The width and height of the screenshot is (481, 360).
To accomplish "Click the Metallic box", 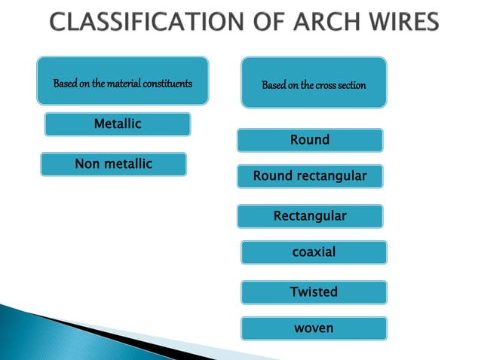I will click(x=117, y=124).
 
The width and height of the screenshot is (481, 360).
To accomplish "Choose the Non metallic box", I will click(x=113, y=164).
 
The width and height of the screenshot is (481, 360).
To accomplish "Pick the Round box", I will click(x=310, y=140).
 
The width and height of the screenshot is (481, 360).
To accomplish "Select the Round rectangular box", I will click(x=310, y=177).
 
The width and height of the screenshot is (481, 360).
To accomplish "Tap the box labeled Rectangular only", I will click(x=310, y=217).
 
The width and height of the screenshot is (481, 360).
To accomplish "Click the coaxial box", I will click(x=314, y=252).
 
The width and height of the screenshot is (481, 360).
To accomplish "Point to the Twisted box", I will click(x=314, y=292).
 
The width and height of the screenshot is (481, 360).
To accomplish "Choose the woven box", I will click(x=314, y=328).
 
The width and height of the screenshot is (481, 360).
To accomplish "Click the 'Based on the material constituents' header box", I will click(x=122, y=81).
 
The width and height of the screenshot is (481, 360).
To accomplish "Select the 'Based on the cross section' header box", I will click(x=314, y=83).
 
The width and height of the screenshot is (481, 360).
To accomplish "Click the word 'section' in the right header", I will click(x=351, y=85).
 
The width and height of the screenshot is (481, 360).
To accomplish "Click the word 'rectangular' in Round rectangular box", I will click(x=331, y=177).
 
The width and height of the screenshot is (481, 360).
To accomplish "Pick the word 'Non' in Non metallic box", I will click(x=87, y=164).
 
